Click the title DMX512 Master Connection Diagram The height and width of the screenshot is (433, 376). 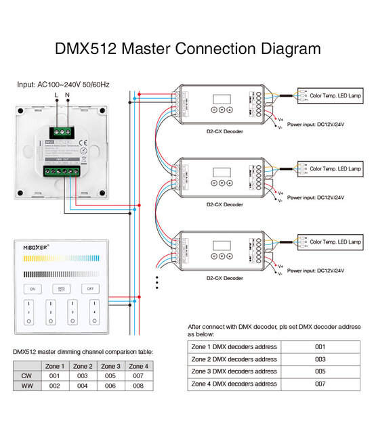pyautogui.click(x=187, y=49)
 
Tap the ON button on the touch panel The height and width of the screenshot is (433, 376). pyautogui.click(x=31, y=289)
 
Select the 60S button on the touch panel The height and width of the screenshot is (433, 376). pyautogui.click(x=60, y=289)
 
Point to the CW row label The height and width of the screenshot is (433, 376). pyautogui.click(x=26, y=375)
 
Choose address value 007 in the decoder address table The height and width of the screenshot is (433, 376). pyautogui.click(x=320, y=384)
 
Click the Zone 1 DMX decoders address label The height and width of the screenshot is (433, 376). pyautogui.click(x=234, y=346)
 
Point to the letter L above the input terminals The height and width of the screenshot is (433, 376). pyautogui.click(x=56, y=96)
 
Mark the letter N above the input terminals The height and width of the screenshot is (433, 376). pyautogui.click(x=67, y=96)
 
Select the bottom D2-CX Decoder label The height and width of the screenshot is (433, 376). pyautogui.click(x=224, y=278)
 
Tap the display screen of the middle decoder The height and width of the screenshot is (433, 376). pyautogui.click(x=222, y=172)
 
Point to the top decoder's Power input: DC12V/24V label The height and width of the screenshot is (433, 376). pyautogui.click(x=316, y=125)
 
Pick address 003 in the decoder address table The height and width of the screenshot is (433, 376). pyautogui.click(x=320, y=359)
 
